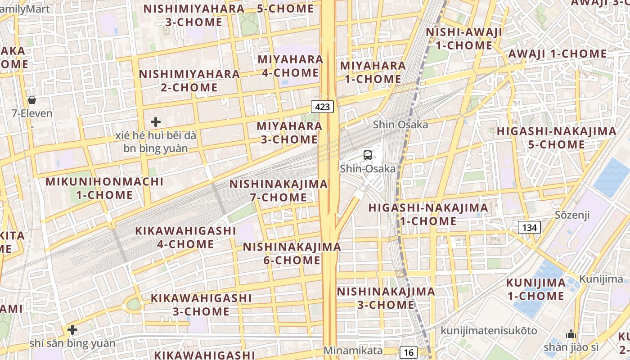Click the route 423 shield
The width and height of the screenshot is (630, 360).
pyautogui.click(x=323, y=107)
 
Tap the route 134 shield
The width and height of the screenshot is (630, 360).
pyautogui.click(x=529, y=227)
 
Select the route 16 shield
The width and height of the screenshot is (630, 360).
pyautogui.click(x=409, y=352)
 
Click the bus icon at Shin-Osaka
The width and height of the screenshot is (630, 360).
pyautogui.click(x=368, y=155)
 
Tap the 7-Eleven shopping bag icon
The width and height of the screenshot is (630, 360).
pyautogui.click(x=32, y=99)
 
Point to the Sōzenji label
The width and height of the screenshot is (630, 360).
pyautogui.click(x=572, y=215)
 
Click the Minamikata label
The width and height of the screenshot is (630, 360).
pyautogui.click(x=353, y=351)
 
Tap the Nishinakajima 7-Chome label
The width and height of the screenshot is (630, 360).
pyautogui.click(x=279, y=190)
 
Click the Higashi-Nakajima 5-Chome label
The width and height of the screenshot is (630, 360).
pyautogui.click(x=556, y=138)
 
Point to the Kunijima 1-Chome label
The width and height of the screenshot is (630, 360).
pyautogui.click(x=535, y=289)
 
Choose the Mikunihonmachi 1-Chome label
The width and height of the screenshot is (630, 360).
pyautogui.click(x=104, y=188)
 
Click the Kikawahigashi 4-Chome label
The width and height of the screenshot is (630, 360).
pyautogui.click(x=185, y=237)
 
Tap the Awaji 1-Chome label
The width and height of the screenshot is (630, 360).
pyautogui.click(x=558, y=54)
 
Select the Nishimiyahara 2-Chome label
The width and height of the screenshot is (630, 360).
pyautogui.click(x=189, y=81)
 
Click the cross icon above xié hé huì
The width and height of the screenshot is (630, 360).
pyautogui.click(x=156, y=121)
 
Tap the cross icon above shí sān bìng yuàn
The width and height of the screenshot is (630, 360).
pyautogui.click(x=72, y=330)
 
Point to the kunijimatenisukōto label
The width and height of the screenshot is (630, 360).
pyautogui.click(x=489, y=331)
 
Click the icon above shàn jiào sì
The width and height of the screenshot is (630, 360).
pyautogui.click(x=571, y=334)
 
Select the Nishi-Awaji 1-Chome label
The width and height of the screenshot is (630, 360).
pyautogui.click(x=464, y=39)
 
